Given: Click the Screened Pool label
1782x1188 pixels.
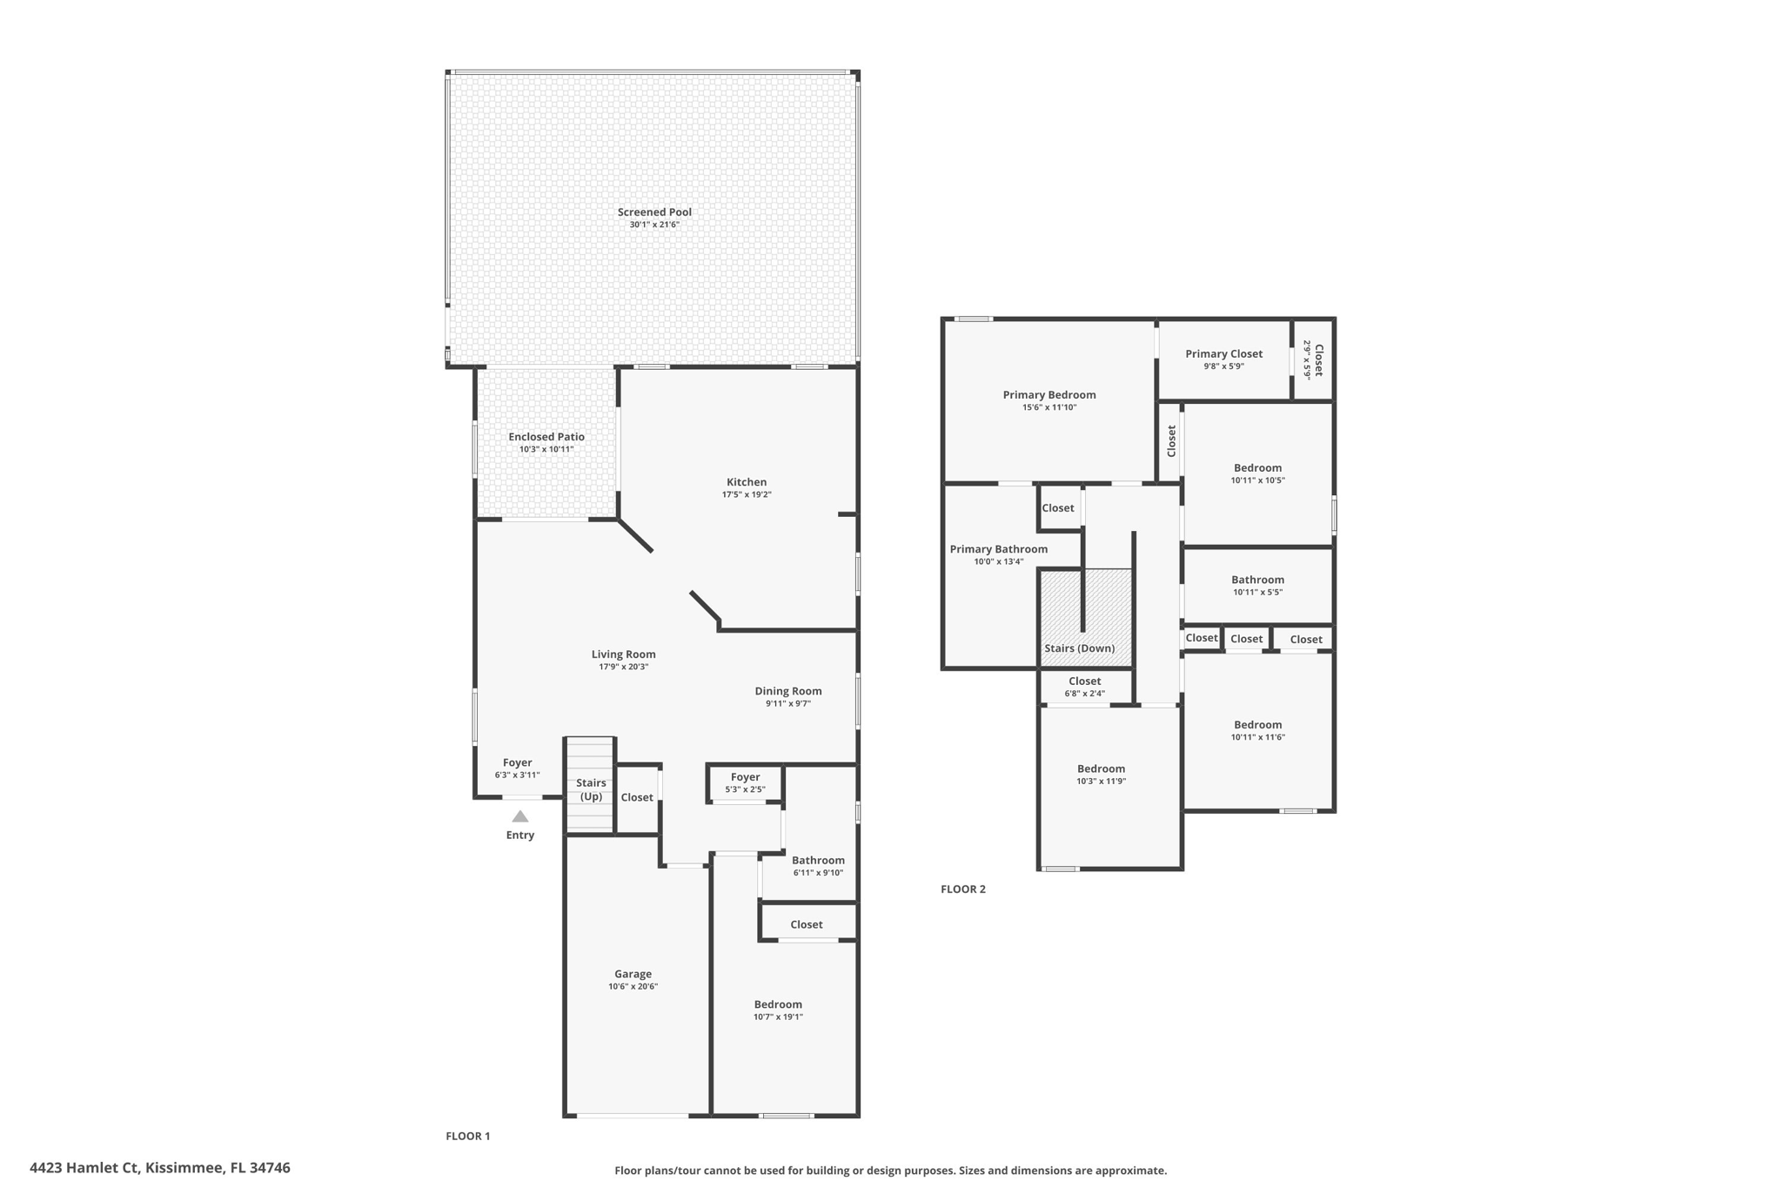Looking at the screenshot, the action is pos(654,212).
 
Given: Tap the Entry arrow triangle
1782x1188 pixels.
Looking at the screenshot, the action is pos(520,816).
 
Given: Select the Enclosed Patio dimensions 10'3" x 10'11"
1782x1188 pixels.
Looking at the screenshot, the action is pos(546,450).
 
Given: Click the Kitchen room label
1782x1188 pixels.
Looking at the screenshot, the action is pos(747,482).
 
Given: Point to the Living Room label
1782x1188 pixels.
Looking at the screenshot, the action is pos(624,654).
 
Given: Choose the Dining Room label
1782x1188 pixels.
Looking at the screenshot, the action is pos(788,691).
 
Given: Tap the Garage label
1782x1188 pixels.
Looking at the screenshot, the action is pos(633,975).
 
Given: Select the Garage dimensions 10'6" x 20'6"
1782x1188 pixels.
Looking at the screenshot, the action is pos(633,987).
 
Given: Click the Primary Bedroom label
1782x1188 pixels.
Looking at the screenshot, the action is pos(1049,395).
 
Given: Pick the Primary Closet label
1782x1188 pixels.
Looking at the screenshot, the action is pos(1223,354).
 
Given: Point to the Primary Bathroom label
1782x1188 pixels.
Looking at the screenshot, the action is pos(999,549).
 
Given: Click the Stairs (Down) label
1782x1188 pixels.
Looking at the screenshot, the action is pos(1079,648).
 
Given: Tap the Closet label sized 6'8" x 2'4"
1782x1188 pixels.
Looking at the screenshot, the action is pos(1085,681).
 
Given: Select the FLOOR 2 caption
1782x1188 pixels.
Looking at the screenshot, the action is pos(963,889).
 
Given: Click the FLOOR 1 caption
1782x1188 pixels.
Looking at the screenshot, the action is pos(468,1137).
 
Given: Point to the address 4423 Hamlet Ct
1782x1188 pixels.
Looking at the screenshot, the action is pos(84,1168).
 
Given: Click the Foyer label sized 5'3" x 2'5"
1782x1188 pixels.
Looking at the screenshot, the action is pos(745,777).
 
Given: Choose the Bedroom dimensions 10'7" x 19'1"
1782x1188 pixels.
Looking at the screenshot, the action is pos(778,1017).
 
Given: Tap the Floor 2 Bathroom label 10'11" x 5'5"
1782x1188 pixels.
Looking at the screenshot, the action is pos(1257,580).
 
